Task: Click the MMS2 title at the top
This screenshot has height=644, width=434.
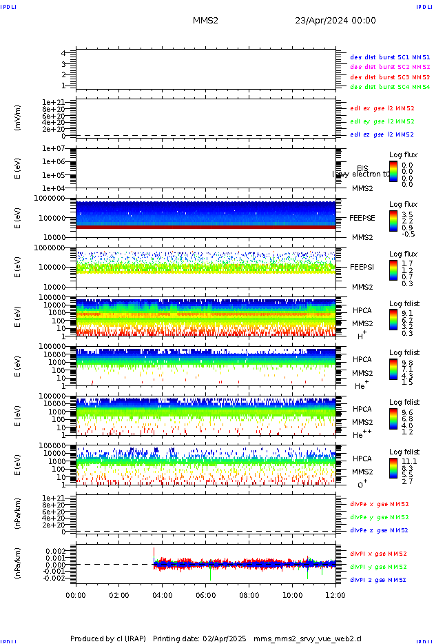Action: [205, 21]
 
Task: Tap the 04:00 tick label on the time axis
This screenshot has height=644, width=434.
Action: [162, 594]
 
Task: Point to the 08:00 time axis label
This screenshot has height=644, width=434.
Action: [249, 594]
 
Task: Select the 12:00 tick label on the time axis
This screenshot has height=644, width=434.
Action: [335, 594]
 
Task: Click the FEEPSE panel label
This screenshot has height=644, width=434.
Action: [362, 217]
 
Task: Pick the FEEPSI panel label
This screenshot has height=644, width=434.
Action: [362, 267]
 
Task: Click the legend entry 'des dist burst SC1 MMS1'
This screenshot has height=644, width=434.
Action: [390, 57]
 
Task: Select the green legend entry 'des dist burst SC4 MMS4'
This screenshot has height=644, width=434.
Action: [390, 88]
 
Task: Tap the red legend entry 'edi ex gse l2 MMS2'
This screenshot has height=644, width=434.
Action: [382, 108]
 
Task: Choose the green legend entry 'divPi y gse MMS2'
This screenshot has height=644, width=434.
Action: [380, 567]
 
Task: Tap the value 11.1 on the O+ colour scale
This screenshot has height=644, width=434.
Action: [408, 461]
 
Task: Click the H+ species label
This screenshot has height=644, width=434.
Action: [361, 336]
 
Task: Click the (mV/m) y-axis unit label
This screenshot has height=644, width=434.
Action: [19, 117]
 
